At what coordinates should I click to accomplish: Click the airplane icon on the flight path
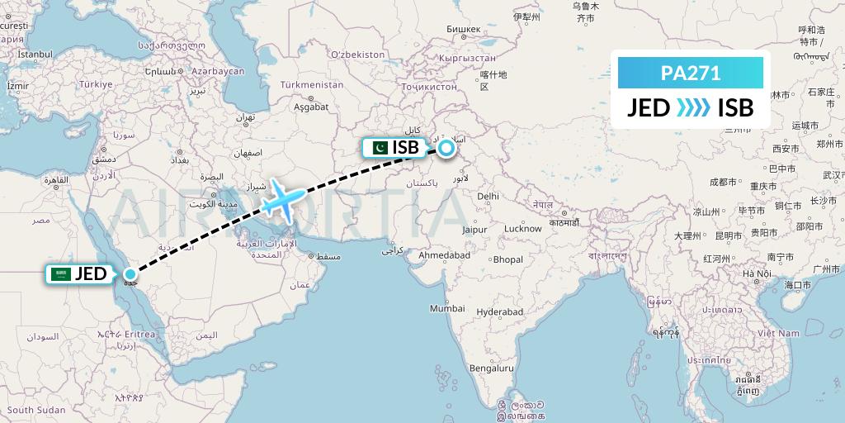click(279, 200)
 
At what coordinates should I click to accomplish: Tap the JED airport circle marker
click(130, 273)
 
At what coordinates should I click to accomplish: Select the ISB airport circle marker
click(446, 148)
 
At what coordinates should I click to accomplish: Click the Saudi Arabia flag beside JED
click(60, 273)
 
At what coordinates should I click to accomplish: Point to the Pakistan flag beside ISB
click(380, 148)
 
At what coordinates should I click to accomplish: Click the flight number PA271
click(691, 73)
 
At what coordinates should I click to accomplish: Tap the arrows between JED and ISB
click(693, 107)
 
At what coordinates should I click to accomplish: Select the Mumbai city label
click(447, 308)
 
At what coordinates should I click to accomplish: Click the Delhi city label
click(488, 197)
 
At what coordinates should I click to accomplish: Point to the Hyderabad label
click(500, 312)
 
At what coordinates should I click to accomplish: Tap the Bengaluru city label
click(492, 368)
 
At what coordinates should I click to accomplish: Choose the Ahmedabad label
click(444, 256)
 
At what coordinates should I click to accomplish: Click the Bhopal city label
click(508, 259)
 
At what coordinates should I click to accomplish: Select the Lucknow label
click(522, 229)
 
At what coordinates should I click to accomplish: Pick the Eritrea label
click(139, 334)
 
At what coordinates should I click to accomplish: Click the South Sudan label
click(36, 410)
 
